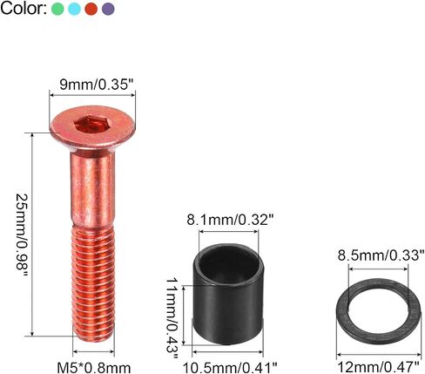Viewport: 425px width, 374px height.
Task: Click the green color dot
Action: pyautogui.click(x=57, y=9)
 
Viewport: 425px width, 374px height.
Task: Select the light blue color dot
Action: pyautogui.click(x=74, y=9)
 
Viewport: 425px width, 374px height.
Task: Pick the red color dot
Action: pyautogui.click(x=91, y=9)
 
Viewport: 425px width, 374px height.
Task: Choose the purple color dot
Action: pyautogui.click(x=108, y=9)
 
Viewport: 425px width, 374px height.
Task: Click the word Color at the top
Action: pyautogui.click(x=24, y=9)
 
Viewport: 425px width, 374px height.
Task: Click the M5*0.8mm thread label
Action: pyautogui.click(x=93, y=368)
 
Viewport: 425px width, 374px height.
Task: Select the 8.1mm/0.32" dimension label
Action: pyautogui.click(x=230, y=220)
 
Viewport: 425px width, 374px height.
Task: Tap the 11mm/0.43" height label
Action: pyautogui.click(x=172, y=316)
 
